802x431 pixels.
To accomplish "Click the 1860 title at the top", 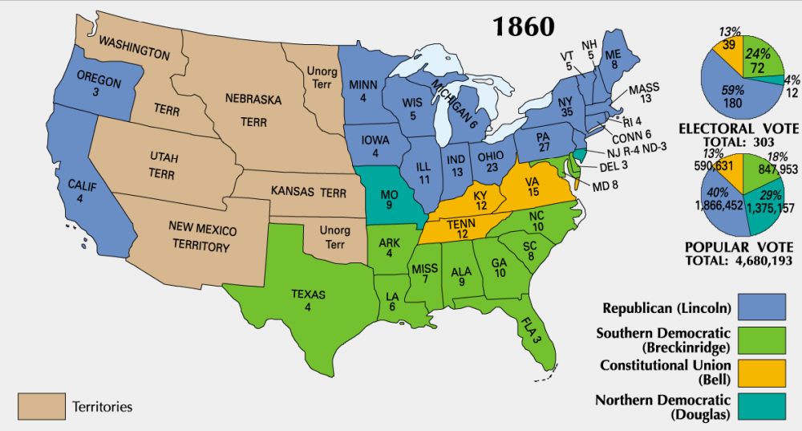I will (x=523, y=26).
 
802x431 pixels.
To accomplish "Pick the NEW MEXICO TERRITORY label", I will (x=198, y=238).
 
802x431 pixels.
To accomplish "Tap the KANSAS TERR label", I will (x=309, y=193).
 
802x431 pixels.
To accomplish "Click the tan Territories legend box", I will (x=39, y=407).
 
